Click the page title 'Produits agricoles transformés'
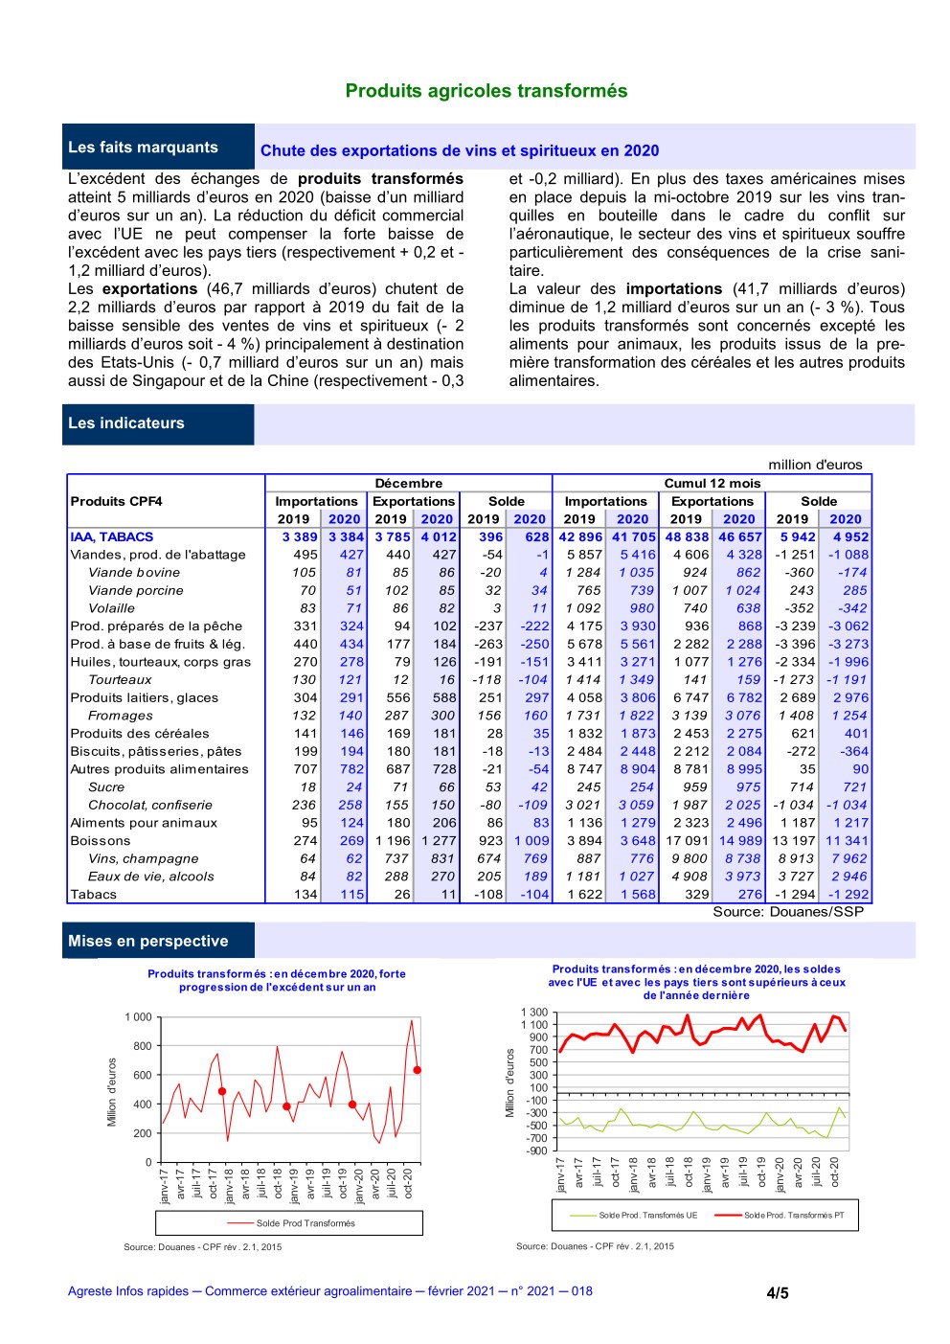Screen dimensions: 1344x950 click(x=486, y=91)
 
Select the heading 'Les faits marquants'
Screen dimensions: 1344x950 click(x=143, y=148)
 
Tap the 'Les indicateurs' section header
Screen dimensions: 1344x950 click(x=125, y=423)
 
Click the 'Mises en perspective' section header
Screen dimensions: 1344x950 click(x=147, y=942)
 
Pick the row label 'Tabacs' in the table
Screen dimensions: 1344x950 click(x=94, y=895)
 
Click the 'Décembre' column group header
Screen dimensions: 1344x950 click(x=409, y=484)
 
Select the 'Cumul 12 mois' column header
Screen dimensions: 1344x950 click(x=712, y=484)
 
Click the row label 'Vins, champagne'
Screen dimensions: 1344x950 click(x=144, y=859)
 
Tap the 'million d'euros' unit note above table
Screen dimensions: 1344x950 click(x=815, y=465)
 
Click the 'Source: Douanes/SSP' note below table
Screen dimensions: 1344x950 click(x=788, y=912)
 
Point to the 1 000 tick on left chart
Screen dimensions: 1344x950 click(x=138, y=1017)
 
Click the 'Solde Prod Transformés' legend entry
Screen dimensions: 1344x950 click(x=305, y=1223)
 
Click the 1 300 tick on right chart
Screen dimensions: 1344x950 click(x=534, y=1013)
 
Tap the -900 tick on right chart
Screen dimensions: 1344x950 click(x=536, y=1151)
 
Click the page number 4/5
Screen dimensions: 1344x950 click(x=778, y=1293)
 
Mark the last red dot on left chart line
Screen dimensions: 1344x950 click(x=418, y=1070)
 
